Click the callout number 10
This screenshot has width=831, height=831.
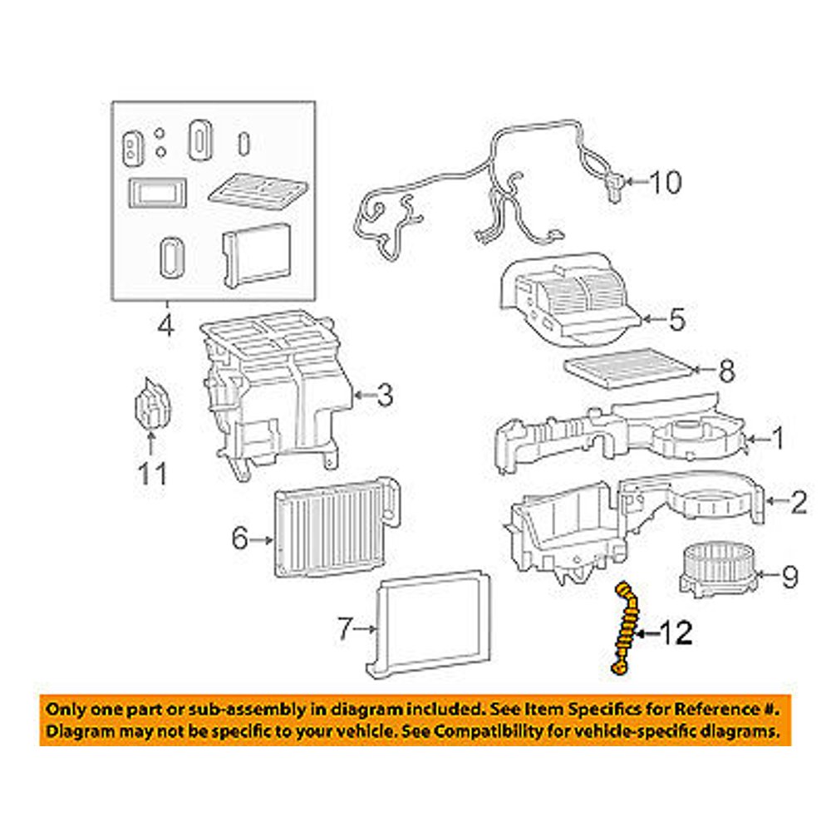click(x=664, y=182)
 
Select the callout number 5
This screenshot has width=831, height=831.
click(x=677, y=318)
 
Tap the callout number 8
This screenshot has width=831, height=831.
click(x=726, y=371)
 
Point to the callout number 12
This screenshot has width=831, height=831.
click(x=676, y=634)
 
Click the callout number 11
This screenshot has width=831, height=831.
click(x=152, y=475)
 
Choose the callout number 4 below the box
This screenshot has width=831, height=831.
click(x=166, y=324)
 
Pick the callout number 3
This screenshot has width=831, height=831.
click(x=383, y=396)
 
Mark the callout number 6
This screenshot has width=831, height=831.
click(x=239, y=540)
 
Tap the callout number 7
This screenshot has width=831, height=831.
click(x=345, y=630)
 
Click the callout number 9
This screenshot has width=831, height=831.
click(x=789, y=574)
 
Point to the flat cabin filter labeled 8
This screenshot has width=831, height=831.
click(x=628, y=367)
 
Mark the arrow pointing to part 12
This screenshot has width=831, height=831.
click(x=647, y=635)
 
